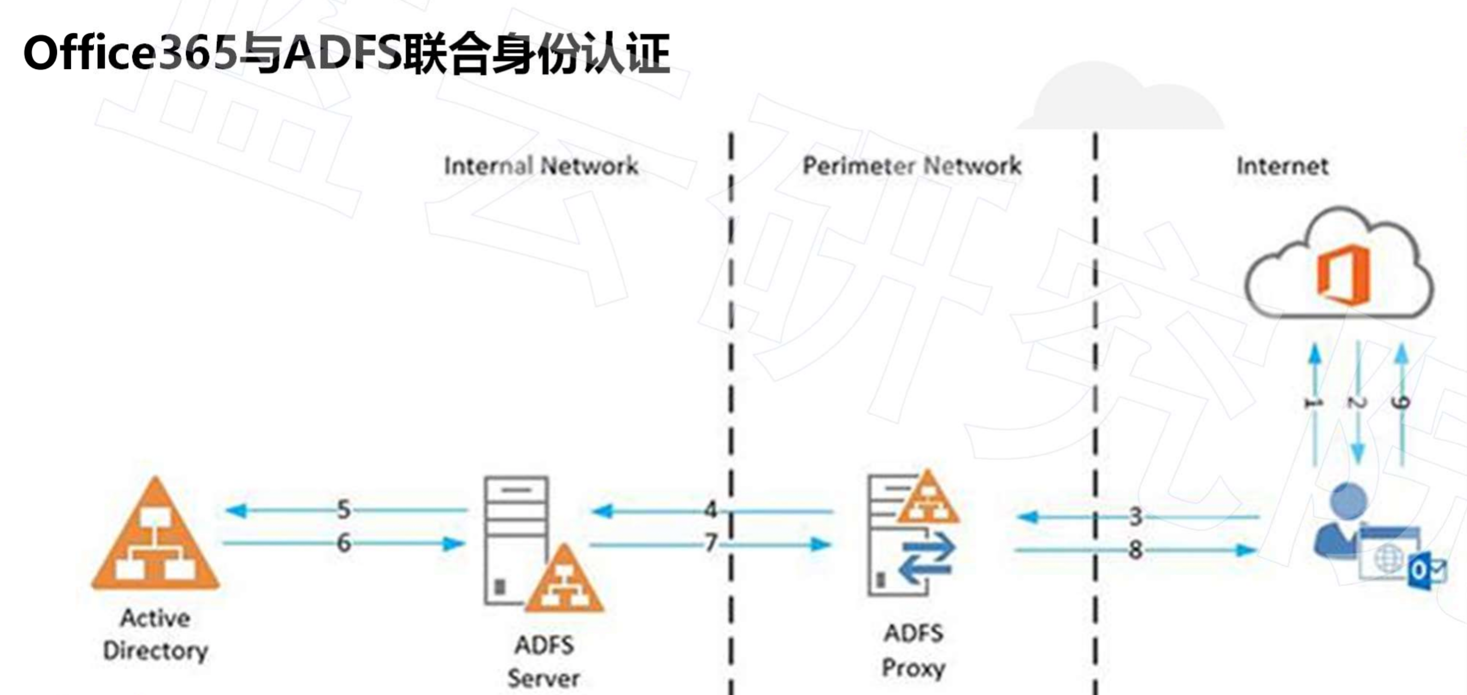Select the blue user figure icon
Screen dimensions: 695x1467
coord(1344,521)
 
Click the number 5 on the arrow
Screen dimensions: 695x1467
coord(343,509)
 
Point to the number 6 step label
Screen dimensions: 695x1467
coord(343,543)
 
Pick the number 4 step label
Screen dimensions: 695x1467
coord(710,509)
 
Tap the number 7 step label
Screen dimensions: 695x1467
coord(710,543)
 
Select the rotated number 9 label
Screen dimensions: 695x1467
coord(1401,403)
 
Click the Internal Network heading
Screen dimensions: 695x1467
coord(541,166)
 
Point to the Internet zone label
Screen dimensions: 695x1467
coord(1282,166)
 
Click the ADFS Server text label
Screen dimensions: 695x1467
coord(544,662)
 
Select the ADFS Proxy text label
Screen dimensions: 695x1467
coord(913,651)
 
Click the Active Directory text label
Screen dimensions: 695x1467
coord(155,634)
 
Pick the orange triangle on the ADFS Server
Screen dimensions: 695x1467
coord(564,581)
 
